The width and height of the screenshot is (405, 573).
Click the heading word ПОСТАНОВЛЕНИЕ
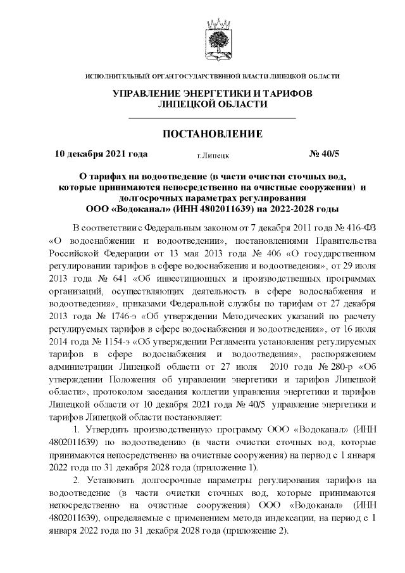(x=212, y=134)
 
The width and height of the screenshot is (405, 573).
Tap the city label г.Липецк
(x=213, y=154)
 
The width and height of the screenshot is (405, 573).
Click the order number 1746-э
(x=118, y=324)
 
